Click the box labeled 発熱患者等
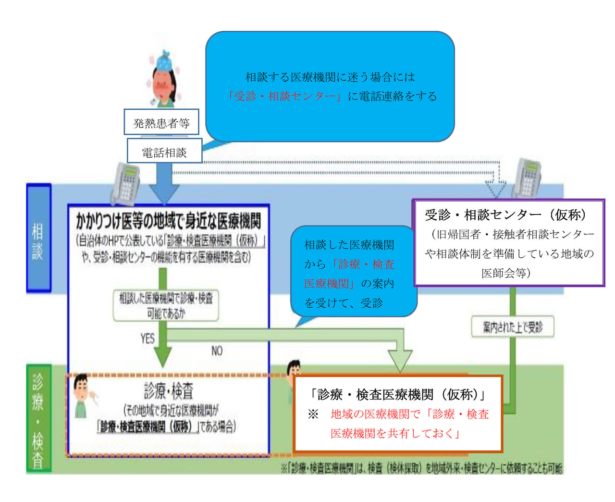161,123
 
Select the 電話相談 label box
164,152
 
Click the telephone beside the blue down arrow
125,184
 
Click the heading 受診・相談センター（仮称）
505,215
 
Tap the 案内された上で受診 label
513,327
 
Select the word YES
148,339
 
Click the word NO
217,351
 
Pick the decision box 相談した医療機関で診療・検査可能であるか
166,305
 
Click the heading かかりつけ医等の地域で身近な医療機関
168,221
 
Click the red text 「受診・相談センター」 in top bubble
284,96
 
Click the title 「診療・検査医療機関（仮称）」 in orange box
398,395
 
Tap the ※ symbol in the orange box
313,414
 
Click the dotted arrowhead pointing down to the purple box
495,188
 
